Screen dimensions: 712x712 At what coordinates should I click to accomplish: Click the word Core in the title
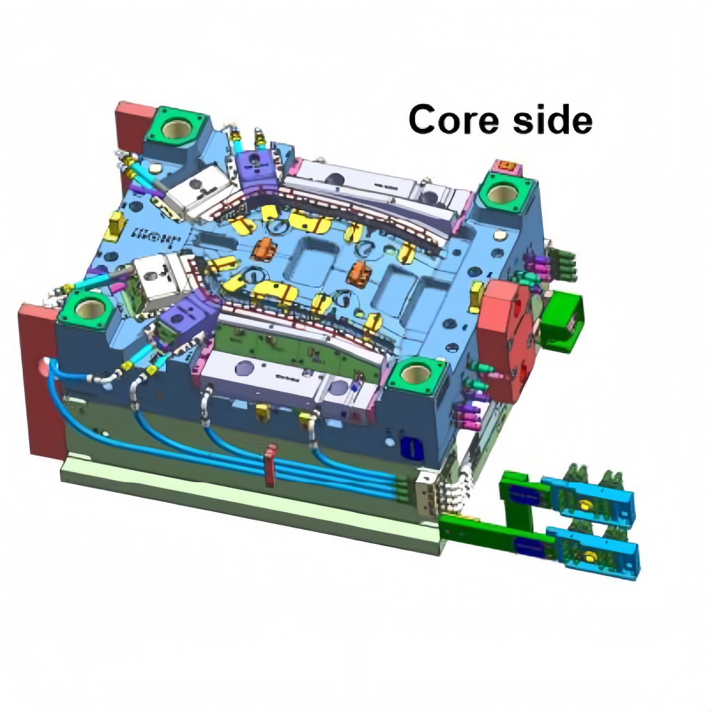tap(454, 120)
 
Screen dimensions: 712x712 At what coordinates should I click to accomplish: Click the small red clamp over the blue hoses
tap(270, 466)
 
